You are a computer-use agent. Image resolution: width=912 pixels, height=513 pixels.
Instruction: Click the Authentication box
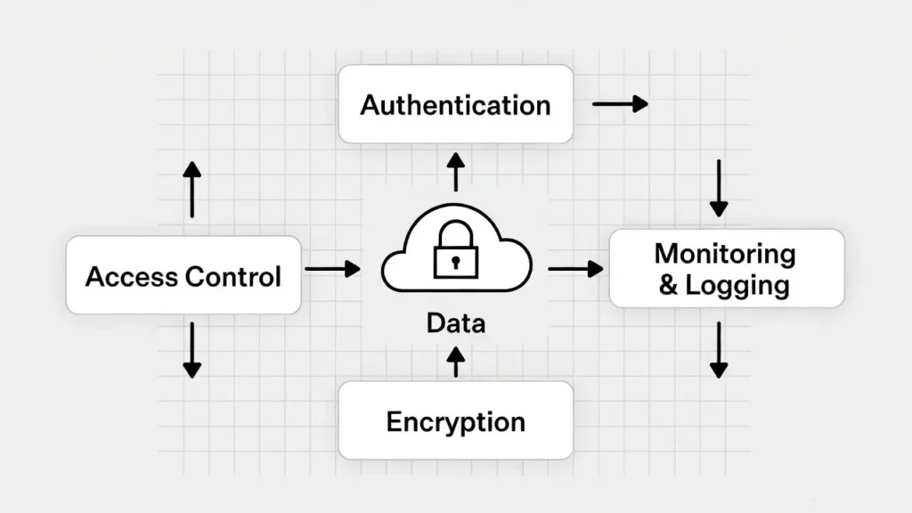click(455, 104)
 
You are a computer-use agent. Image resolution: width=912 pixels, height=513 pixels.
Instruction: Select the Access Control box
click(183, 275)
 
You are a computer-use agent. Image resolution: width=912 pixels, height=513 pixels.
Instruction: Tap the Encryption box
click(455, 420)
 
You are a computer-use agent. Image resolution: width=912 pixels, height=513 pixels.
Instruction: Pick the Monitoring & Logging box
click(726, 268)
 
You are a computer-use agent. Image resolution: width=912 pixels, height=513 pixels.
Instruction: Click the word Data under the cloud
click(455, 322)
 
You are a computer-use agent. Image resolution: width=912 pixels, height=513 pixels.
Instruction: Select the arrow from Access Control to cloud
click(332, 268)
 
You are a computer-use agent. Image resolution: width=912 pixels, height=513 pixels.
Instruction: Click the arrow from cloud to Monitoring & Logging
click(575, 268)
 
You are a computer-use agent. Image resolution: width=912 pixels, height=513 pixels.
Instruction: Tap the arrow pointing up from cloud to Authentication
click(455, 171)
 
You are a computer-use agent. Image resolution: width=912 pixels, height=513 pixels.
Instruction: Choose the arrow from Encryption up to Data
click(455, 361)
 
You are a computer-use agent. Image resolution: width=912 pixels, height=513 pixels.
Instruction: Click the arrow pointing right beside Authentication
click(620, 104)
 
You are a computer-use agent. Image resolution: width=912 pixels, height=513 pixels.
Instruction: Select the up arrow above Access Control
click(191, 190)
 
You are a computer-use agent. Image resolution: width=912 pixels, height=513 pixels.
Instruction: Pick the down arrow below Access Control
click(191, 349)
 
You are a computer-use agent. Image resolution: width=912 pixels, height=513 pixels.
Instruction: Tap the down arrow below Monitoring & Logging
click(719, 349)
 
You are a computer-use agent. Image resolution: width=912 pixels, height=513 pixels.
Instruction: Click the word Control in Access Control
click(232, 276)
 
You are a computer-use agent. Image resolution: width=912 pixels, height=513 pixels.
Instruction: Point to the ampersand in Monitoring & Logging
click(667, 286)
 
